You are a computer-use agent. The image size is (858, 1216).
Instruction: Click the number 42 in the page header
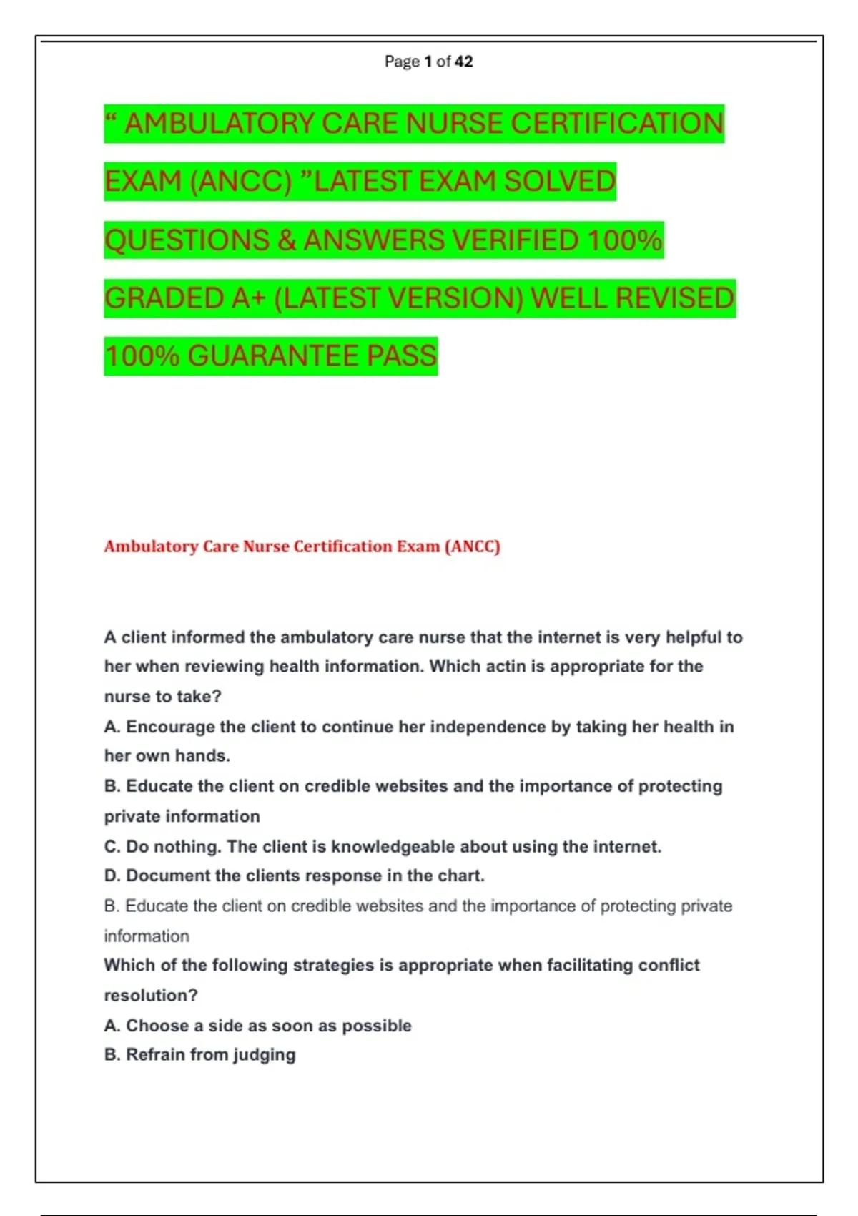tap(463, 62)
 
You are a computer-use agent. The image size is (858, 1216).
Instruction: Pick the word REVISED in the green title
tap(674, 298)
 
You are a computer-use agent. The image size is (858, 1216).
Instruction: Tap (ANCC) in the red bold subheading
tap(472, 546)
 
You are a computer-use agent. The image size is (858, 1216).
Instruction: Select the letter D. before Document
tap(112, 876)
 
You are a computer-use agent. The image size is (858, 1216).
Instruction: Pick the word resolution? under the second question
tap(151, 996)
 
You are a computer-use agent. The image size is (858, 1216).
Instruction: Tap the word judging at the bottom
tap(264, 1056)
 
